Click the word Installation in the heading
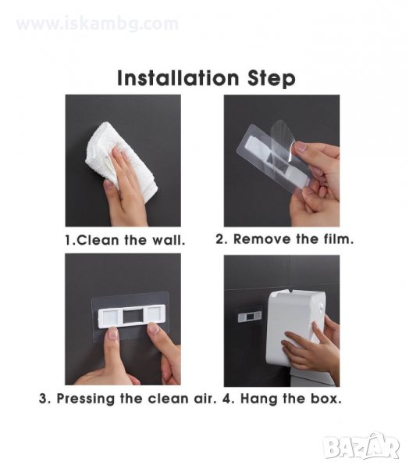coord(178,78)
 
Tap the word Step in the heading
coord(272,79)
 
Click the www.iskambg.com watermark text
coord(98,24)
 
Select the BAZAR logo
coord(361,446)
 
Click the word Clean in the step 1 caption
coord(98,240)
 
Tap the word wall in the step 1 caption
coord(167,240)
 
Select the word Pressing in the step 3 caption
coord(85,399)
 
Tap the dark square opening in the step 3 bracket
coord(133,316)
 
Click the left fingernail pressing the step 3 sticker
coord(112,333)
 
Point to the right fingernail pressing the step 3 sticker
coord(154,329)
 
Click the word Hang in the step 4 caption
coord(259,399)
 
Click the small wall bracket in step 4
coord(250,316)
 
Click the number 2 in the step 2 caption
coord(220,239)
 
